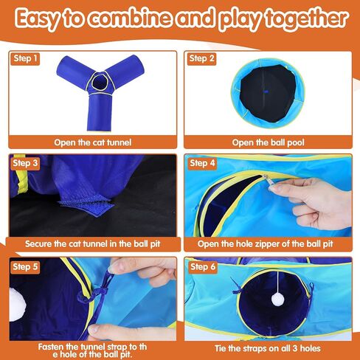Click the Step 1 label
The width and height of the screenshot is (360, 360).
pos(25,58)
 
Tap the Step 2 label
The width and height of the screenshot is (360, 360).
pos(201,58)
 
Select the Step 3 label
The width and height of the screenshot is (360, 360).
pos(25,163)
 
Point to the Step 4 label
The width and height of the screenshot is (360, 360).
pos(202,163)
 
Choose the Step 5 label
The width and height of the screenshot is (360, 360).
pos(25,267)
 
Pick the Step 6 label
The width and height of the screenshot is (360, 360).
pos(203,267)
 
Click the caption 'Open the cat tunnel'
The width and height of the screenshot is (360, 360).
pos(93,142)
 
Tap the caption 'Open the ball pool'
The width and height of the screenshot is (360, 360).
pos(268,142)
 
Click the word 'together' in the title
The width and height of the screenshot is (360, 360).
pos(307,18)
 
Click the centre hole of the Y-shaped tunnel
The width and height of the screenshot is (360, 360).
pos(100,83)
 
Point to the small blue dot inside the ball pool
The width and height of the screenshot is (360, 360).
pos(266,91)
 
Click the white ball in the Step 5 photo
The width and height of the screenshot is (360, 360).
pos(17,305)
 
